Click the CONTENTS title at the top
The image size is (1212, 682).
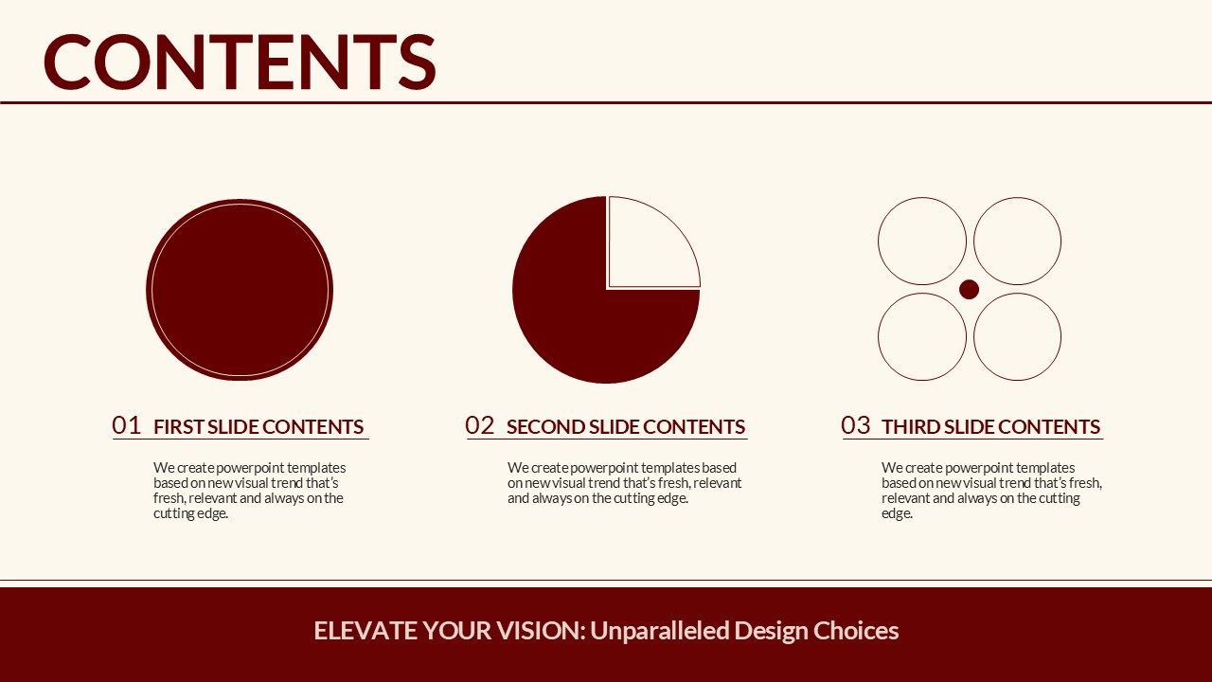coord(240,62)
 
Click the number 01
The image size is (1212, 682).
coord(126,425)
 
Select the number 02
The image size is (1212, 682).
coord(479,425)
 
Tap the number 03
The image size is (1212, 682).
coord(855,425)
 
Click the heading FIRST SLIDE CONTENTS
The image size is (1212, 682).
coord(258,427)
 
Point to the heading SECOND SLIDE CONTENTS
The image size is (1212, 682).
coord(626,427)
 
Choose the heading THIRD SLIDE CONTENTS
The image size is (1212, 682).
coord(990,427)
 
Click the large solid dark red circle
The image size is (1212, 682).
coord(240,290)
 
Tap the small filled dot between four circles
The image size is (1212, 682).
coord(969,290)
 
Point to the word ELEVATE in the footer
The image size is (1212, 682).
coord(365,631)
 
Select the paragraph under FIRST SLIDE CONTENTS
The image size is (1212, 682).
coord(249,491)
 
